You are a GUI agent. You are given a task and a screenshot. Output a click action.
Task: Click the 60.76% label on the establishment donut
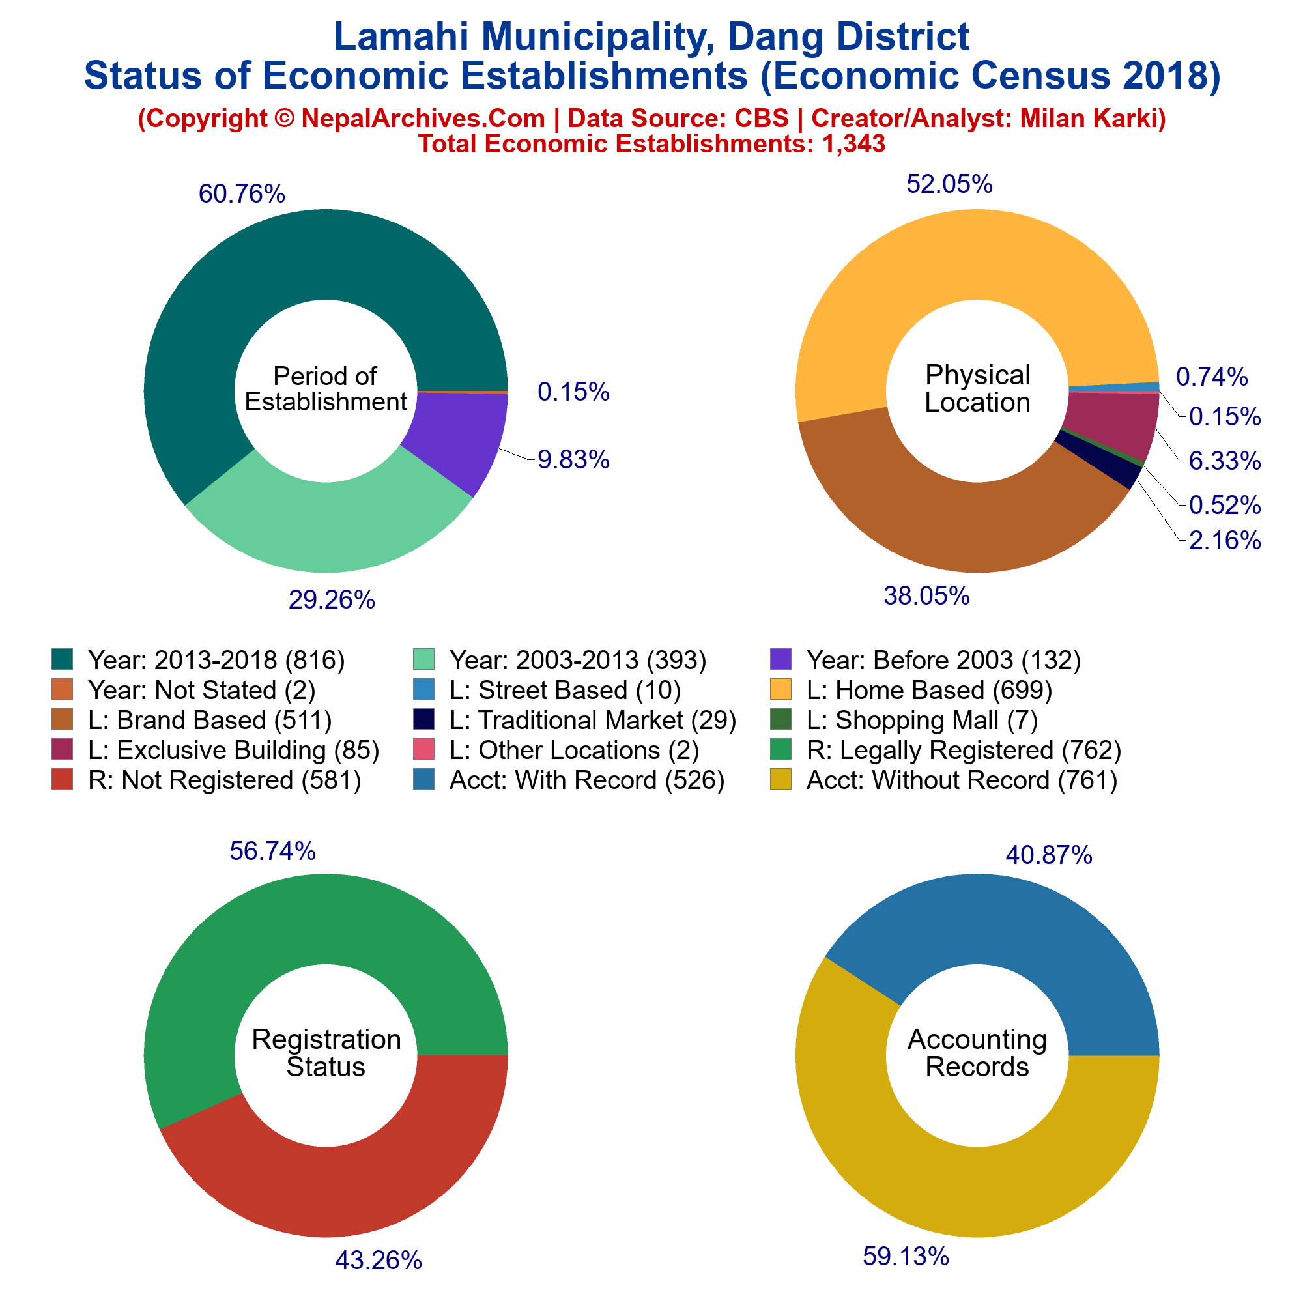pyautogui.click(x=242, y=194)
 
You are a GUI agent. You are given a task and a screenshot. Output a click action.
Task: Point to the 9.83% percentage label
pyautogui.click(x=573, y=459)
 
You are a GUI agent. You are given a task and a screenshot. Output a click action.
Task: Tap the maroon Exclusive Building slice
pyautogui.click(x=1119, y=422)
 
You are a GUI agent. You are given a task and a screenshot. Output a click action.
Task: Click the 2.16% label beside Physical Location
pyautogui.click(x=1225, y=540)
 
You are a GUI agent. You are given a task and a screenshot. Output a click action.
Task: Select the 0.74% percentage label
pyautogui.click(x=1212, y=377)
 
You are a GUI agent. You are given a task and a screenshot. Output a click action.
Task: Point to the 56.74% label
pyautogui.click(x=272, y=851)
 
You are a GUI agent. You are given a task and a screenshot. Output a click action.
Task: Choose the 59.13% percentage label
pyautogui.click(x=906, y=1256)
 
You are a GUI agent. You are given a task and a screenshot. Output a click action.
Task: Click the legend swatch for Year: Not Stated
pyautogui.click(x=62, y=689)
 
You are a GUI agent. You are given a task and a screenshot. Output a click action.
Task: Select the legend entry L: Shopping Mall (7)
pyautogui.click(x=922, y=721)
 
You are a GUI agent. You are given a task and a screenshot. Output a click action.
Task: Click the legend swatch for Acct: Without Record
pyautogui.click(x=781, y=780)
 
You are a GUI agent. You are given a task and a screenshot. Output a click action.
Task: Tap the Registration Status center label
pyautogui.click(x=326, y=1053)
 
